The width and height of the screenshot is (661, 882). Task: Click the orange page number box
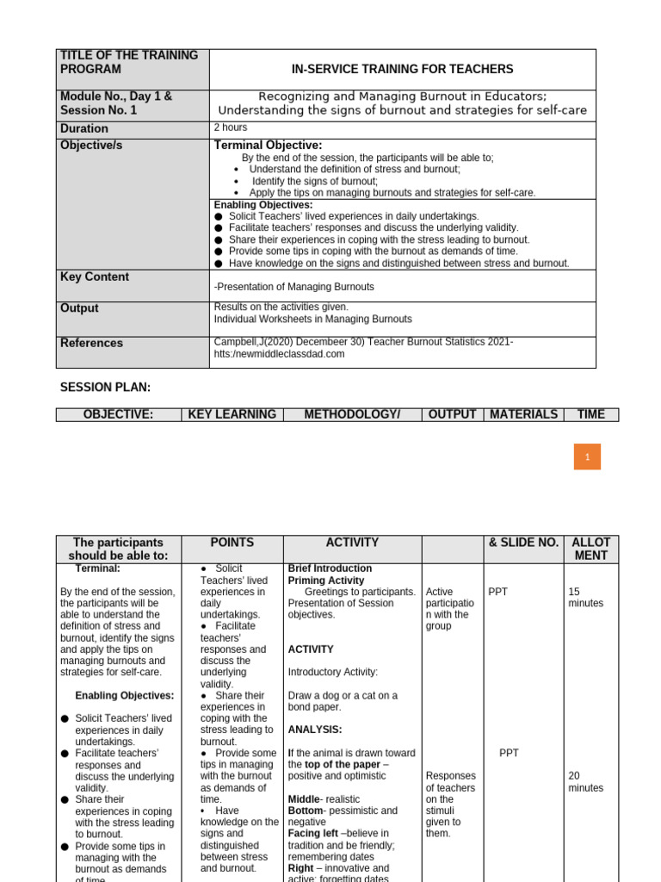click(587, 457)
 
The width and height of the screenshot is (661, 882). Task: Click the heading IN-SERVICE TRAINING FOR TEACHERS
click(402, 69)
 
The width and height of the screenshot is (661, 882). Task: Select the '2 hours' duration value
click(231, 127)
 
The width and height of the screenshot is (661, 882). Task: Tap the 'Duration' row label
click(84, 129)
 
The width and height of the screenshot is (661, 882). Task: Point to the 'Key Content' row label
click(95, 277)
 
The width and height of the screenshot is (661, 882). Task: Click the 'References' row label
click(91, 343)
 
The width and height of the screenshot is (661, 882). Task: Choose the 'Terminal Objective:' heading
click(268, 146)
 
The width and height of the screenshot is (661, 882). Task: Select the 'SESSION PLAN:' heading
click(105, 388)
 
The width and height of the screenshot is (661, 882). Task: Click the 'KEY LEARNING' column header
click(232, 414)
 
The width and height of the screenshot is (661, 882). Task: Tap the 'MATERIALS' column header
click(523, 414)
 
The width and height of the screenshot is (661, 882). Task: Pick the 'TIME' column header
click(590, 414)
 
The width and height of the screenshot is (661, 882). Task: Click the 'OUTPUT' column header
click(452, 414)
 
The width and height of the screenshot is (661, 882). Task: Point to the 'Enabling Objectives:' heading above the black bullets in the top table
click(263, 205)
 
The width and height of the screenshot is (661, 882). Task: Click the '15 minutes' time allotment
click(585, 598)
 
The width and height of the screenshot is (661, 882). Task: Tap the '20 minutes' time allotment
click(585, 782)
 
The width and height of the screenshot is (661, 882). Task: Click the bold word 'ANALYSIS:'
click(315, 730)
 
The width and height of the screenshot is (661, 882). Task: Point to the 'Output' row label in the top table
click(79, 308)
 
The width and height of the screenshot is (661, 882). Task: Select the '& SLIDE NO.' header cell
click(523, 543)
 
